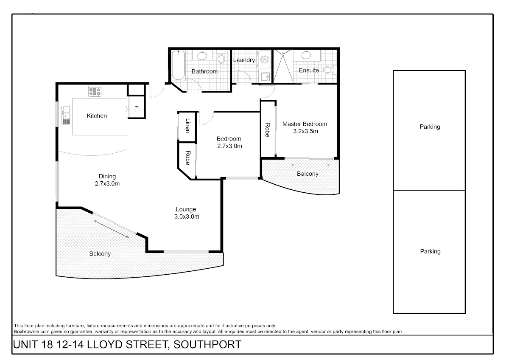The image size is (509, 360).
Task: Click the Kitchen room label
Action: coord(97,116)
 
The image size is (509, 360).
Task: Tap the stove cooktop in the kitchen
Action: coord(95,91)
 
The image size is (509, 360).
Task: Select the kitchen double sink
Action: coord(66,113)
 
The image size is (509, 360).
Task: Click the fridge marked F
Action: coord(136,107)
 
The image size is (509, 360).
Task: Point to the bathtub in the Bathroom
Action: coord(178,65)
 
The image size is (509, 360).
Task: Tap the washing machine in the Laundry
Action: coord(264,59)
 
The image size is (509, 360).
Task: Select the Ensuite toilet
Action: coord(329,70)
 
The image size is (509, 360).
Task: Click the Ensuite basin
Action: coord(306,55)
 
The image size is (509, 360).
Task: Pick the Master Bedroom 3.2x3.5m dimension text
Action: coord(305,132)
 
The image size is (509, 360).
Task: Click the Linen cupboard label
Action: coord(187,126)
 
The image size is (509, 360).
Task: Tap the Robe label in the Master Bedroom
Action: coord(268,130)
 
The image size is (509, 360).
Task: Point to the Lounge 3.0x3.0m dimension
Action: coord(187,217)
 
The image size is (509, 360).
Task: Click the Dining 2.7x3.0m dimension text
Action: coord(107,184)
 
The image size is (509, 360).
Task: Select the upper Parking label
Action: coord(430,127)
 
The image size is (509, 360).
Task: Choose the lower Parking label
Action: coord(431,251)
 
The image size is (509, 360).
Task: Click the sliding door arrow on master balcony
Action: coord(310,165)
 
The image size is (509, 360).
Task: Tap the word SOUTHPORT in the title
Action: coord(207,345)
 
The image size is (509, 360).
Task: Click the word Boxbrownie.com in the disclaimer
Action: coord(31,332)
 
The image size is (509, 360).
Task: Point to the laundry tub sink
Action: coord(265,77)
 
